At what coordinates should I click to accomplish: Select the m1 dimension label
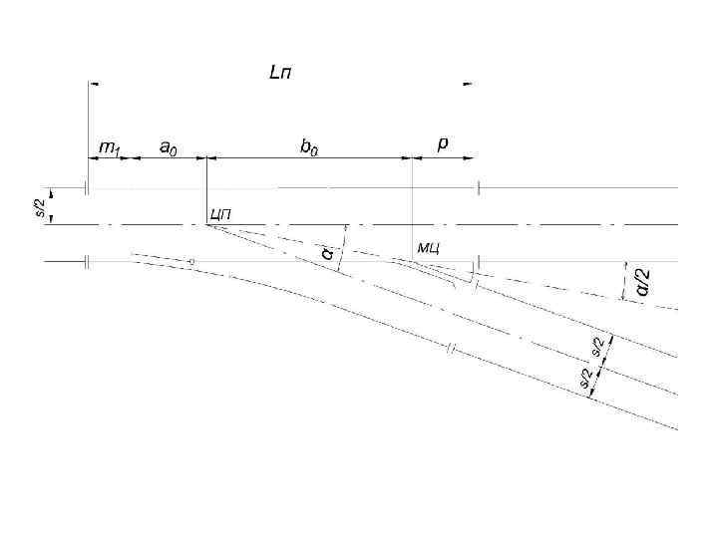[x=107, y=147]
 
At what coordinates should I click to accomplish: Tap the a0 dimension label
[x=170, y=146]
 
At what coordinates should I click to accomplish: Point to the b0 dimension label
[x=310, y=146]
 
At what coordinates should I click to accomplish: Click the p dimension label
[x=443, y=145]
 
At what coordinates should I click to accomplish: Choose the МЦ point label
[x=428, y=246]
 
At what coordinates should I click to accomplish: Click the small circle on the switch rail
[x=191, y=262]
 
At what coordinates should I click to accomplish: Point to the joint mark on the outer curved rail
[x=451, y=348]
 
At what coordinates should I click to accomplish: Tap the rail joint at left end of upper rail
[x=87, y=187]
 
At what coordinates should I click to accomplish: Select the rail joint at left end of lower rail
[x=87, y=261]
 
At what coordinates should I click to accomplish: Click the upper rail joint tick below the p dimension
[x=479, y=187]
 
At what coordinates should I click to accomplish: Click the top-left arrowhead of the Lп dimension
[x=92, y=84]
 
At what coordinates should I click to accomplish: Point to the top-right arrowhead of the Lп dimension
[x=469, y=84]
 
